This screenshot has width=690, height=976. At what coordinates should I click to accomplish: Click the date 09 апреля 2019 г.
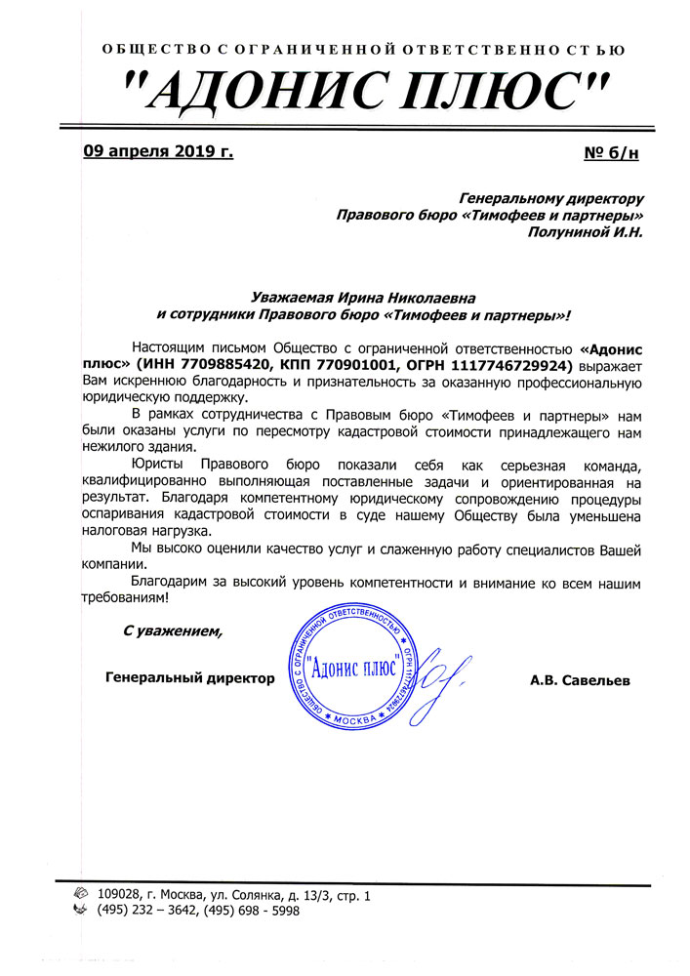158,151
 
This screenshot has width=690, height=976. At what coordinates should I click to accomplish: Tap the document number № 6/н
611,153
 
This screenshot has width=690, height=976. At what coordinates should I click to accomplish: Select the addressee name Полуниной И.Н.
585,231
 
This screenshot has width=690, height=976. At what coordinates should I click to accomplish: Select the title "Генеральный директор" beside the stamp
189,676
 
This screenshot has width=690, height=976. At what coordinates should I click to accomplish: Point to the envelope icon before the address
80,893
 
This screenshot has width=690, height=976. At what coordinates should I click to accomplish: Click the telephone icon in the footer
80,910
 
